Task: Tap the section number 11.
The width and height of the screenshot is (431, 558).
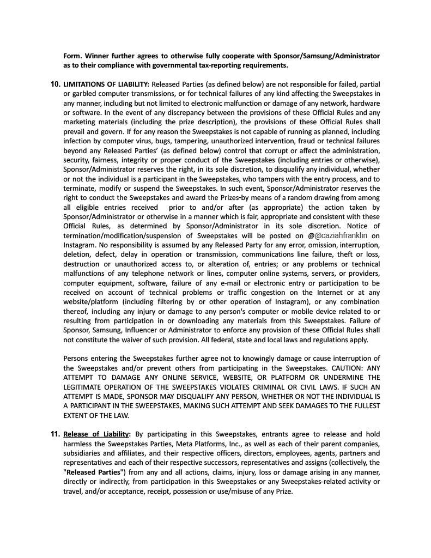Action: point(55,434)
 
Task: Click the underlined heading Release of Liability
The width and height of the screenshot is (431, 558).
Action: point(96,434)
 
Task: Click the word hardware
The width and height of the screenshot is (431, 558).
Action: point(365,103)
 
